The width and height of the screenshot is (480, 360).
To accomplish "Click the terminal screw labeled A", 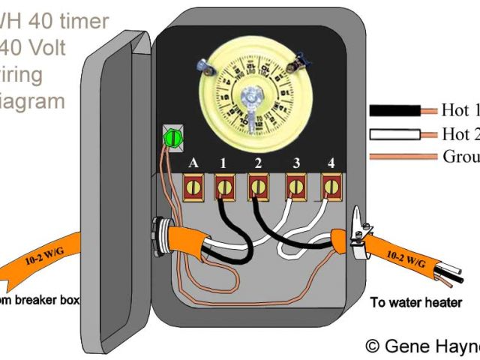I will click(x=193, y=184).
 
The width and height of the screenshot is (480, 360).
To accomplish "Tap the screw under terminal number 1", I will click(x=223, y=184).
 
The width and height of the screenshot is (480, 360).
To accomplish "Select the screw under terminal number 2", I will click(x=258, y=184).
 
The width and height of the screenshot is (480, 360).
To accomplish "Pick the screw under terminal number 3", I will click(x=295, y=184).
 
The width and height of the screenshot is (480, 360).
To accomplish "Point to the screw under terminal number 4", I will click(x=329, y=184).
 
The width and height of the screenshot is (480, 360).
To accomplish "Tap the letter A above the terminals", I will click(x=193, y=163).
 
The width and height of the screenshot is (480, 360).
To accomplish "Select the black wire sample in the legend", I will click(x=394, y=111).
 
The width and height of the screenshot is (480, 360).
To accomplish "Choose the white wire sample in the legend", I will click(x=394, y=134).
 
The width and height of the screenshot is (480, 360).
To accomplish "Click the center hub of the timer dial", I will click(x=252, y=96).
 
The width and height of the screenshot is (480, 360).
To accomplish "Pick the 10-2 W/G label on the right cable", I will click(x=404, y=259).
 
